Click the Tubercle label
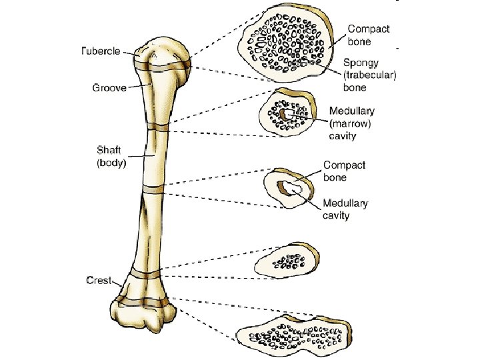click(x=101, y=51)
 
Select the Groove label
click(x=109, y=87)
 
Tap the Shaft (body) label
click(x=111, y=155)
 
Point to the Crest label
click(x=99, y=280)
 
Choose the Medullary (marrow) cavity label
click(x=351, y=123)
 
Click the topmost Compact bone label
click(x=369, y=35)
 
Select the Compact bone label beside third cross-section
click(x=344, y=171)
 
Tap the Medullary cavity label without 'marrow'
click(x=345, y=209)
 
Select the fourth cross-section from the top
click(x=287, y=260)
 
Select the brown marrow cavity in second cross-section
click(x=287, y=115)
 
